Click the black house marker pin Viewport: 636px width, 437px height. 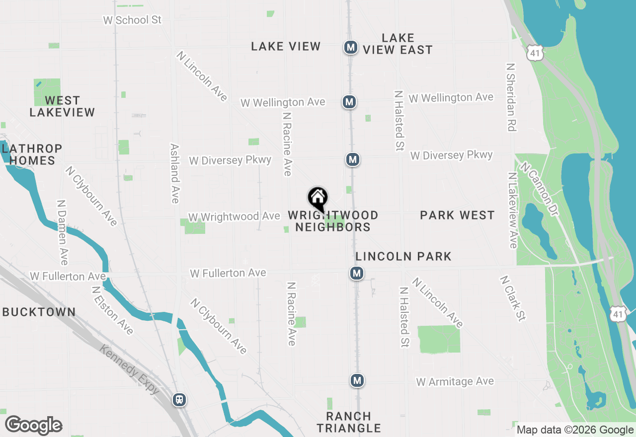(x=318, y=199)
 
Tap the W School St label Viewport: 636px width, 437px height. (x=132, y=20)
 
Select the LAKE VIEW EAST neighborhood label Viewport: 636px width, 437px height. (x=397, y=44)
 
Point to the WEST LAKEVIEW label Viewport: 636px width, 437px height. (x=62, y=107)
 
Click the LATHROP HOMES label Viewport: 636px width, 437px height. (x=32, y=154)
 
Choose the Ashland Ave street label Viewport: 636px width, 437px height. (x=174, y=173)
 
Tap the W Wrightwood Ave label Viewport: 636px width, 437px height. (x=234, y=217)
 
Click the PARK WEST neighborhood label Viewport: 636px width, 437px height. (x=457, y=215)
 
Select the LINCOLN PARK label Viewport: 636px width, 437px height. (x=403, y=256)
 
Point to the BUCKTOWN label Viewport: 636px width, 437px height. (x=39, y=312)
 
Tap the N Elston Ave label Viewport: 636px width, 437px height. (x=113, y=310)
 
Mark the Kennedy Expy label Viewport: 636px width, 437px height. (x=129, y=370)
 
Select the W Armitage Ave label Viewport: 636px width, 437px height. (x=455, y=381)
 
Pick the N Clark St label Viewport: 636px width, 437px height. (x=513, y=298)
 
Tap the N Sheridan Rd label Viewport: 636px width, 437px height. (x=510, y=97)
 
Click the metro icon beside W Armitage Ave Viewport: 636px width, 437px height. (x=357, y=381)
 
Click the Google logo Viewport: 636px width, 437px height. (x=34, y=425)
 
